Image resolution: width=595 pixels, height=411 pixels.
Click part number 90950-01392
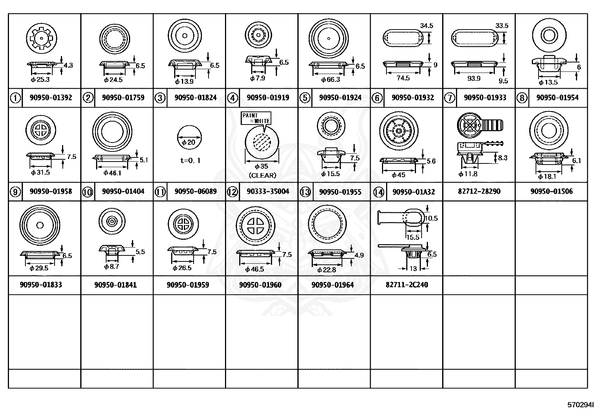click(x=50, y=98)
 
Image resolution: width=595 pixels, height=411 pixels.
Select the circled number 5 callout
click(x=305, y=98)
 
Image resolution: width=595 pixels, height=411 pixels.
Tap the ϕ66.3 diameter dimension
click(x=330, y=79)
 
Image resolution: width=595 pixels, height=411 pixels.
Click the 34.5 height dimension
click(x=426, y=26)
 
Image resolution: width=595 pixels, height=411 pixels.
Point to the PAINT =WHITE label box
click(x=256, y=118)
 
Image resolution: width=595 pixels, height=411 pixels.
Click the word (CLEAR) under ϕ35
click(x=262, y=175)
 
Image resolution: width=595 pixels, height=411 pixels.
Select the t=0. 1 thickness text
click(x=190, y=160)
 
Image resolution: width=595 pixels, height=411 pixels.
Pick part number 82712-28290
click(x=479, y=191)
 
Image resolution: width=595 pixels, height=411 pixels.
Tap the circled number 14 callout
click(x=378, y=192)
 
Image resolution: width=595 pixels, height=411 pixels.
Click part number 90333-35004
click(x=268, y=191)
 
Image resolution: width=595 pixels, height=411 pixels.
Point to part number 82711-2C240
click(x=407, y=285)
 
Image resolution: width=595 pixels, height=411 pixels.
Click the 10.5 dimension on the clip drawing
click(x=431, y=218)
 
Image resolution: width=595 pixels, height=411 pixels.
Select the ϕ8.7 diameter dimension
click(x=111, y=267)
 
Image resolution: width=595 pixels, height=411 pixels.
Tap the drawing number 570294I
click(x=580, y=405)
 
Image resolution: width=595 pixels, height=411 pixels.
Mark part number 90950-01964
click(x=332, y=285)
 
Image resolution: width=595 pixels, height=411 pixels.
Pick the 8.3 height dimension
click(x=503, y=158)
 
